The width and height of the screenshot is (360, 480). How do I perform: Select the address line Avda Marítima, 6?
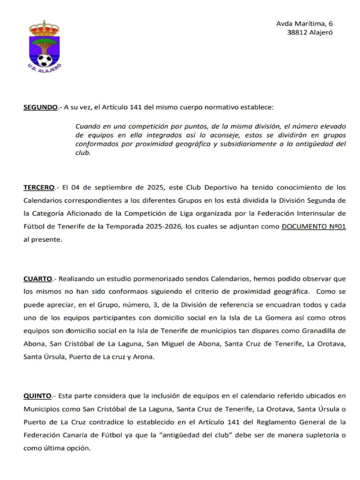304,23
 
